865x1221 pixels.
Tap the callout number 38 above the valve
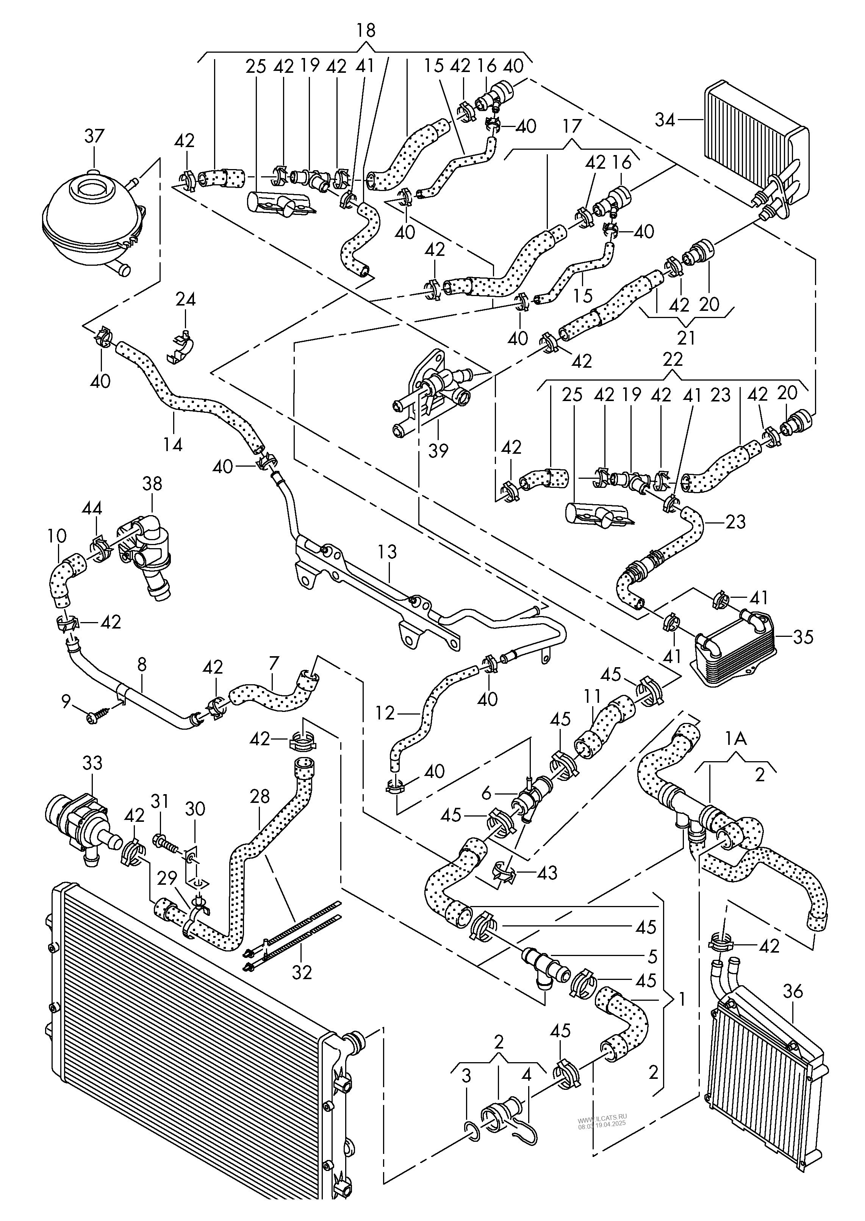tap(152, 484)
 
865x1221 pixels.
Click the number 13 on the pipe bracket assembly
tap(387, 552)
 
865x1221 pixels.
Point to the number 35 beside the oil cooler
tap(803, 636)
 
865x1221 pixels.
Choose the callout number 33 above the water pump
tap(92, 763)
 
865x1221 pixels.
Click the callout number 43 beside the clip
tap(547, 873)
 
